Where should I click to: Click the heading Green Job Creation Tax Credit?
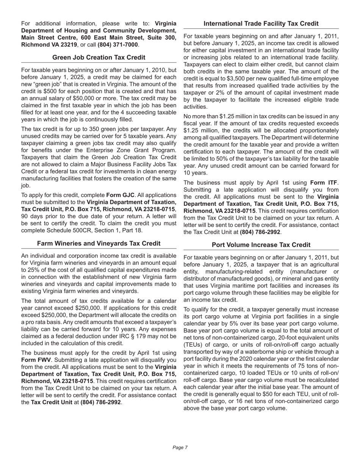pyautogui.click(x=99, y=57)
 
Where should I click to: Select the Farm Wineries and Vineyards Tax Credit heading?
pyautogui.click(x=99, y=243)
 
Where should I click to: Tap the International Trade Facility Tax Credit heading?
pyautogui.click(x=261, y=23)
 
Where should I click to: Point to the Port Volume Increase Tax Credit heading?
pyautogui.click(x=261, y=245)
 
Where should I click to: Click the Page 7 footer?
pyautogui.click(x=180, y=447)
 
